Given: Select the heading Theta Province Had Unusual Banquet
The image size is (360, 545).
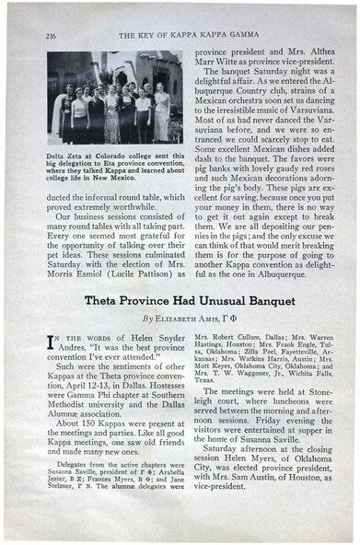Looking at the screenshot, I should click(x=182, y=299).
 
